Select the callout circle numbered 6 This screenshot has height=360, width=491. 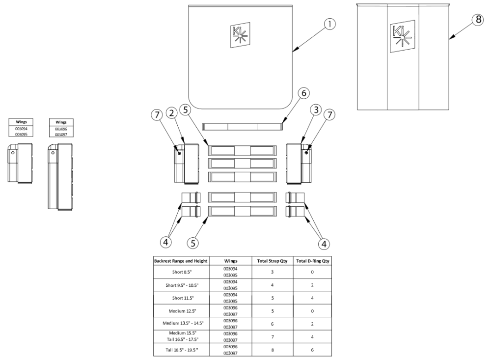(303, 93)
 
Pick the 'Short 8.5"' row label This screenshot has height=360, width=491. (181, 272)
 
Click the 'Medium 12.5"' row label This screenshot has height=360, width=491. (181, 310)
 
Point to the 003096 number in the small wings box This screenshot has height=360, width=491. (61, 129)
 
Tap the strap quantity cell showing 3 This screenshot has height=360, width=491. (272, 272)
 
